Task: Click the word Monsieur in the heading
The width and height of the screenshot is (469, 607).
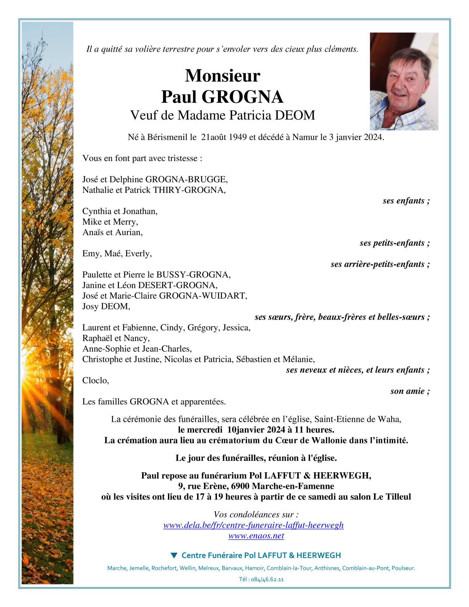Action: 222,76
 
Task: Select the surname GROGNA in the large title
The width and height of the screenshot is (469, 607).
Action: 242,97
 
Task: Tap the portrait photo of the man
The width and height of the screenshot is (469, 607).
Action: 404,81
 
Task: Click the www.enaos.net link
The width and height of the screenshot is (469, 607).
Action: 256,536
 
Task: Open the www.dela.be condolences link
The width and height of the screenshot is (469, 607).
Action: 253,525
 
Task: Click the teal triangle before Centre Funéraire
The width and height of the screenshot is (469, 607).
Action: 174,555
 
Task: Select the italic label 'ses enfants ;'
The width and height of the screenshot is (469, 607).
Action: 406,201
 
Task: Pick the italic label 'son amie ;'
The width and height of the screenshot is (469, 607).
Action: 410,391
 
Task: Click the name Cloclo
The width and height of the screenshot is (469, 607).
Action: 95,380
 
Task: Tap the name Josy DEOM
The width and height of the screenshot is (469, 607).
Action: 106,306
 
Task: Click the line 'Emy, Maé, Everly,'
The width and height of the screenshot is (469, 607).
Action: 117,254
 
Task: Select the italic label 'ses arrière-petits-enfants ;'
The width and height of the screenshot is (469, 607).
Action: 380,264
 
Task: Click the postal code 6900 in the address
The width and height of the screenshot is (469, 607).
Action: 240,486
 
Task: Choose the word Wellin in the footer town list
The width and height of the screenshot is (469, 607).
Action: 187,568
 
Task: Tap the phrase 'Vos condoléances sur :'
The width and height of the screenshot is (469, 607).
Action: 256,515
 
